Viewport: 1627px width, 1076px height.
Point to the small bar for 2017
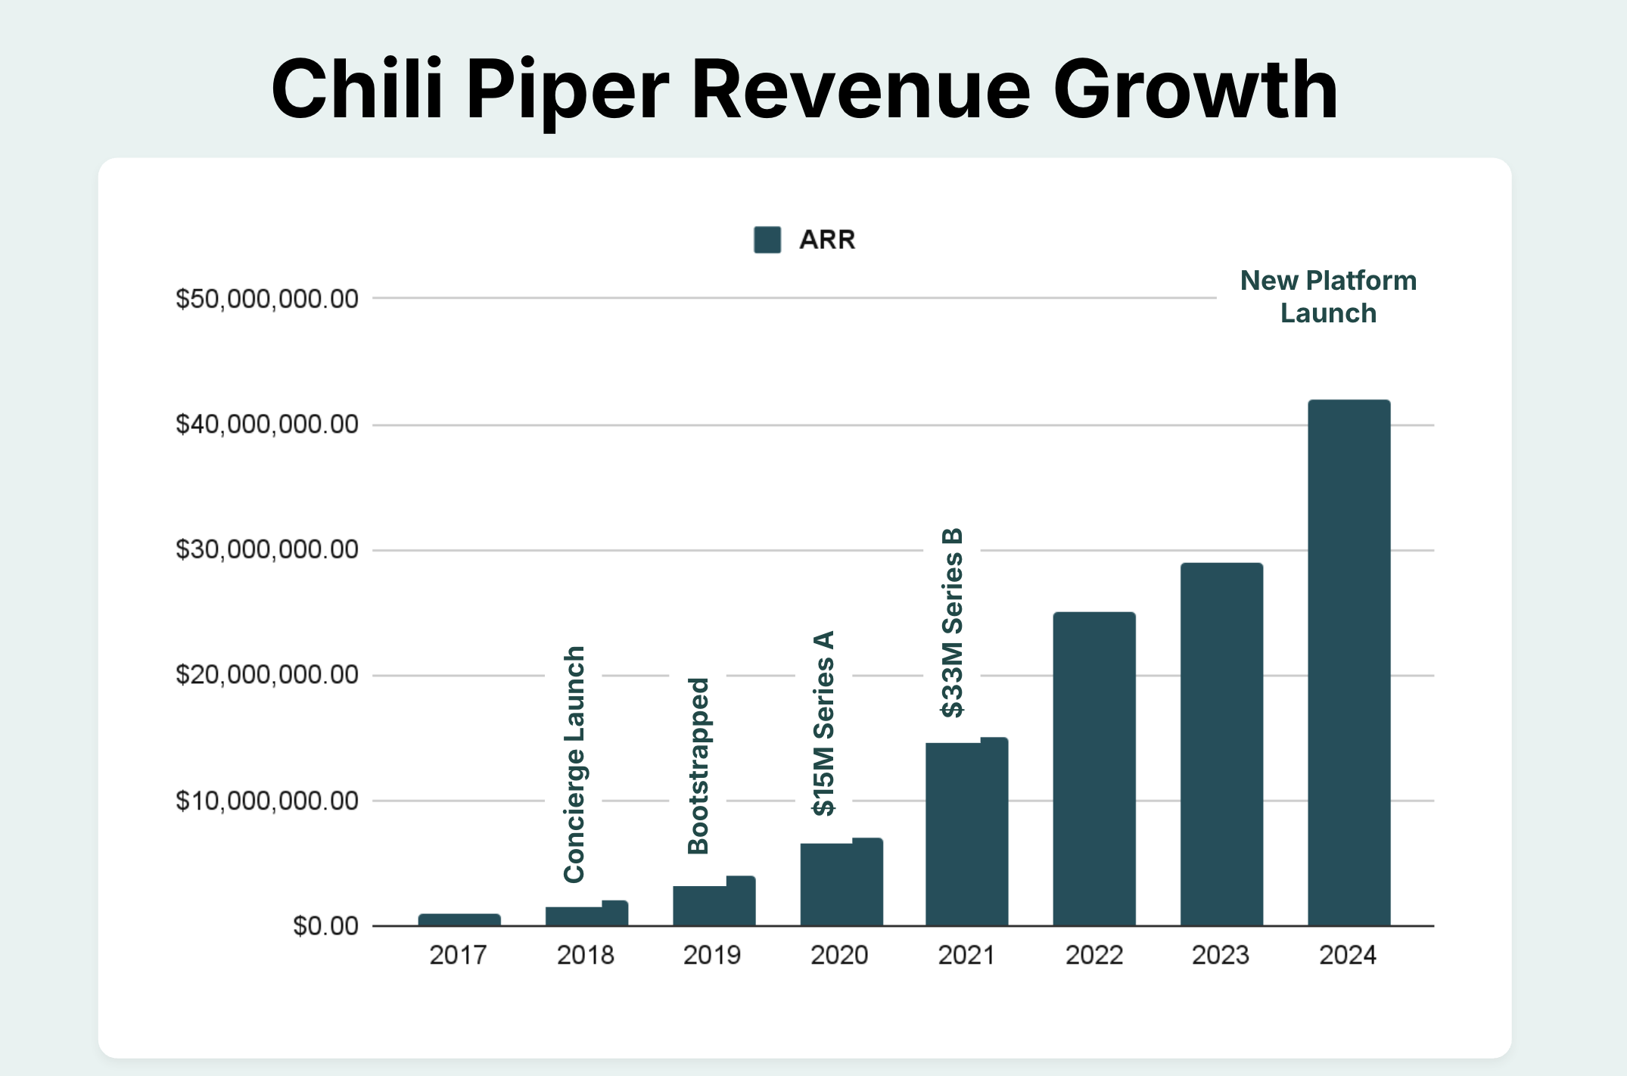point(459,919)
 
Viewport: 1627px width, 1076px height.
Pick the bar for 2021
point(966,832)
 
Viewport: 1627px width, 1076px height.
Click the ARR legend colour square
point(767,240)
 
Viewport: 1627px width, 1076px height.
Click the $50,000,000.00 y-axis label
point(267,299)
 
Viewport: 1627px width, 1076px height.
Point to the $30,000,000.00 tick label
point(267,549)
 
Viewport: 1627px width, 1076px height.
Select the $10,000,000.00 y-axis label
point(267,801)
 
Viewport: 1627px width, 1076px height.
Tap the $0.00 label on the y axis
point(325,926)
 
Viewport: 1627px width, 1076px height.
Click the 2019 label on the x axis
point(712,956)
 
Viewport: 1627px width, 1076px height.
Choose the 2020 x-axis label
point(839,956)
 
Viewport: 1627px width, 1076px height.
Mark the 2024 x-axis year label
point(1348,956)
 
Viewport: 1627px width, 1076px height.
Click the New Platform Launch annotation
point(1328,297)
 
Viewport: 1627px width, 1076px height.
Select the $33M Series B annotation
point(952,622)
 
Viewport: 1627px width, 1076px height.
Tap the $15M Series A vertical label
point(823,723)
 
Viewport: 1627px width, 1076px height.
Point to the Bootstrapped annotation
point(698,766)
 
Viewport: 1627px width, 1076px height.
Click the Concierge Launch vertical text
point(574,764)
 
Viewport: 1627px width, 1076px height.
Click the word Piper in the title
point(568,91)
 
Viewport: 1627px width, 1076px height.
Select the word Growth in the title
point(1196,91)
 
